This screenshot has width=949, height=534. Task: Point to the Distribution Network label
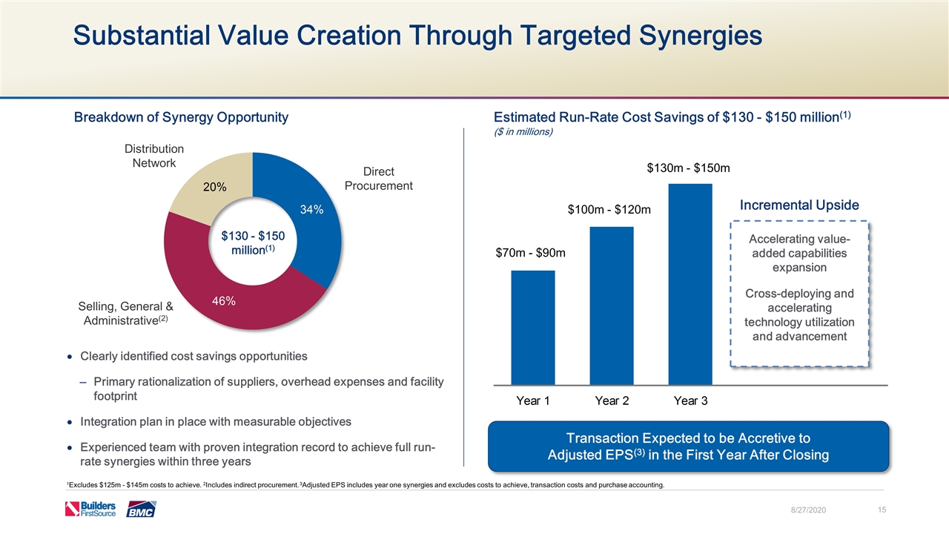(x=153, y=156)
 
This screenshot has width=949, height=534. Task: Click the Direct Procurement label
(x=378, y=178)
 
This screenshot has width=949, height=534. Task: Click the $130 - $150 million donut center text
(x=253, y=243)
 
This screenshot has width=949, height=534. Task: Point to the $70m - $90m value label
(x=531, y=254)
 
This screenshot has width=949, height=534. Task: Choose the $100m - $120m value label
(x=609, y=211)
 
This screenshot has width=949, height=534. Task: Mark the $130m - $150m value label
(x=689, y=168)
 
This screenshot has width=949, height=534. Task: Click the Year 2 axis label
(x=612, y=400)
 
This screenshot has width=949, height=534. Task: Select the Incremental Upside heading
(x=799, y=205)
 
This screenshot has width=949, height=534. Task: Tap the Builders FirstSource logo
(x=90, y=509)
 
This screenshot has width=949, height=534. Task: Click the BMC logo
(x=141, y=510)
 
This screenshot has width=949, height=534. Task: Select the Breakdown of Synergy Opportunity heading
(x=181, y=117)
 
